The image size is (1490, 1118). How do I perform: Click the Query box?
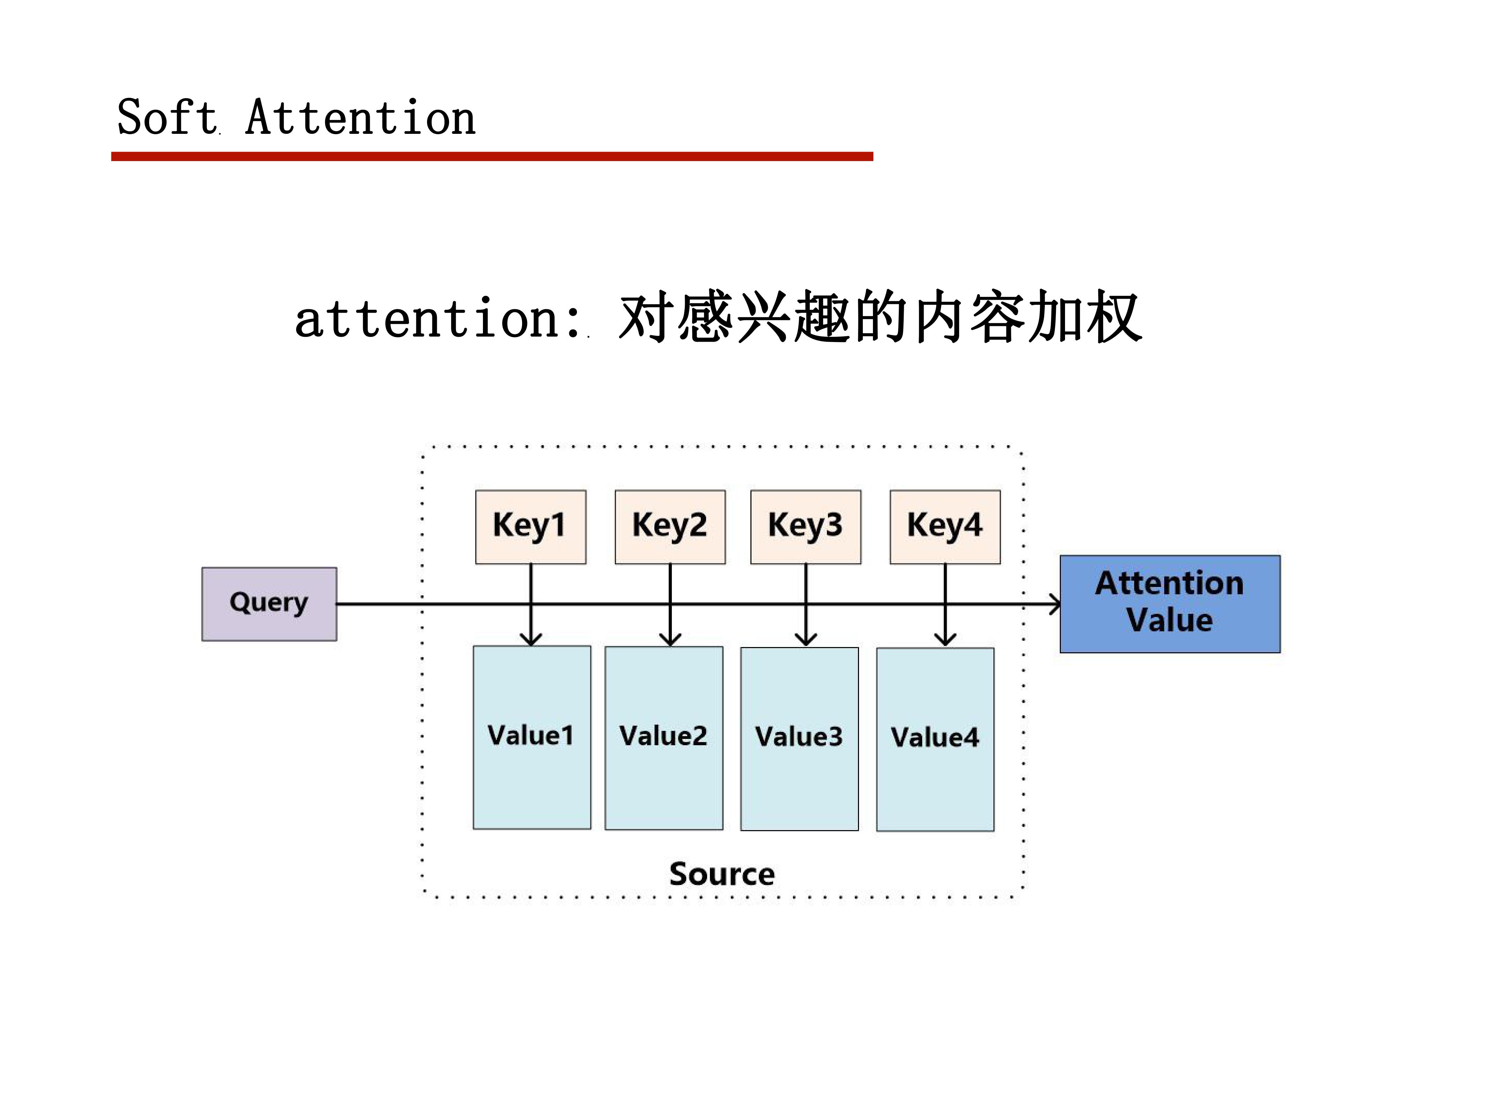coord(269,604)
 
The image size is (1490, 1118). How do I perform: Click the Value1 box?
coord(531,737)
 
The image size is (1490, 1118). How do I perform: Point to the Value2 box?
coord(663,738)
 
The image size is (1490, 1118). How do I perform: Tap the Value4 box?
coord(935,739)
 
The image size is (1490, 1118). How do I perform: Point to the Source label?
coord(722,874)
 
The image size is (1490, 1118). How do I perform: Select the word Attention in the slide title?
coord(360,118)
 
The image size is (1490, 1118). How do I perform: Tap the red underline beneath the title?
coord(492,156)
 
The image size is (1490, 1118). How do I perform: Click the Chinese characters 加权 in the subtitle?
coord(1085,317)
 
